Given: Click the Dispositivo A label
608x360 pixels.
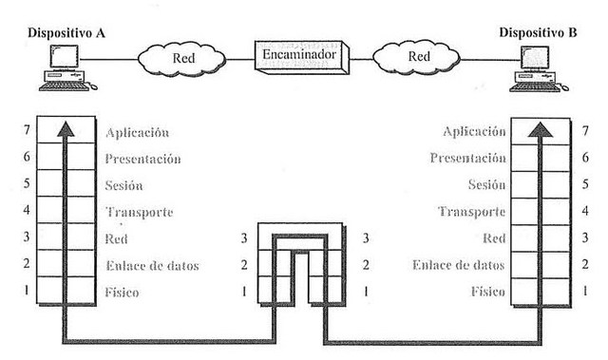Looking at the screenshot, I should tap(66, 31).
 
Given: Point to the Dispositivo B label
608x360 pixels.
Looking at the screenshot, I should tap(538, 31).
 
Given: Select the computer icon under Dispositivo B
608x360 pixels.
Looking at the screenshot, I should tap(538, 71).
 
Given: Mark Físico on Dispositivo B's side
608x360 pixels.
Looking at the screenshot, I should tap(486, 292).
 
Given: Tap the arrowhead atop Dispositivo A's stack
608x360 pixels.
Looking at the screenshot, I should tap(65, 130).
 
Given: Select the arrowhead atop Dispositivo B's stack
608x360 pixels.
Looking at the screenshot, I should tap(540, 130).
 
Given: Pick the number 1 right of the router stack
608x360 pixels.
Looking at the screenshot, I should tap(365, 292).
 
